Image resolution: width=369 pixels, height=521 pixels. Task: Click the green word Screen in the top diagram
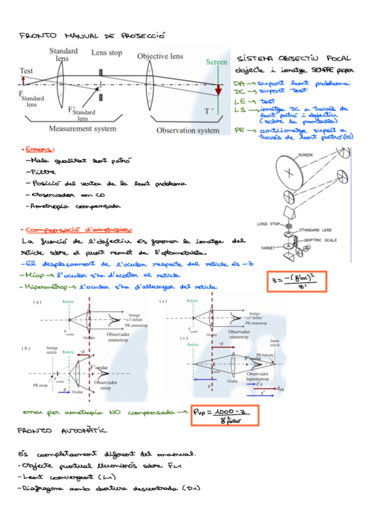216,62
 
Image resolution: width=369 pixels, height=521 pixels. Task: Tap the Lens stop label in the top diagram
107,53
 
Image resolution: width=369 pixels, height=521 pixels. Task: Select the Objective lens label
161,56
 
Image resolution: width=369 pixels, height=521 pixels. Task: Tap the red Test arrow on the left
23,80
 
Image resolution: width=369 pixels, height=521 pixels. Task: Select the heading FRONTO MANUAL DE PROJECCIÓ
92,37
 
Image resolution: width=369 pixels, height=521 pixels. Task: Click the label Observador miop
111,385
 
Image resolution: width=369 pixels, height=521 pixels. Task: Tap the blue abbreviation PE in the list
240,131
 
